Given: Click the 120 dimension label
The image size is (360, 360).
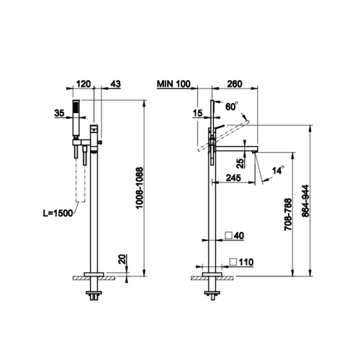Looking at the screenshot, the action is click(x=84, y=84).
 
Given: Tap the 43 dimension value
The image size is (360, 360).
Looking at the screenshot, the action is click(x=116, y=84).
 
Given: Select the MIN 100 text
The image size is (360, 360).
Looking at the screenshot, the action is click(x=174, y=84).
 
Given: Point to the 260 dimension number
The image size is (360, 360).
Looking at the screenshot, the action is click(x=235, y=84).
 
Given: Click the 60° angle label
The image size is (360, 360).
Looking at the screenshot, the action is click(x=232, y=107).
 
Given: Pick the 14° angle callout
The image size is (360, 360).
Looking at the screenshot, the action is click(x=278, y=170).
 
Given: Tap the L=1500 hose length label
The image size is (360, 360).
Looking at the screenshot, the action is click(x=58, y=213).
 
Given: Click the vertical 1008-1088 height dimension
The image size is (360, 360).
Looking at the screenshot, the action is click(x=140, y=188).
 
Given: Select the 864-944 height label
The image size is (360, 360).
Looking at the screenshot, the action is click(x=306, y=201).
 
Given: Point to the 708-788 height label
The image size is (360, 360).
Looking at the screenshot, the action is click(x=288, y=215).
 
